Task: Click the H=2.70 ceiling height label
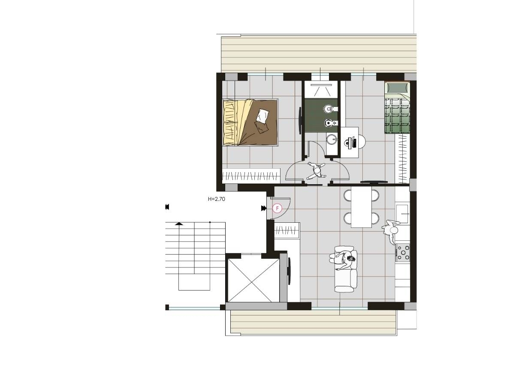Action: (x=216, y=199)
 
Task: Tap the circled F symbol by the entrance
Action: (x=277, y=208)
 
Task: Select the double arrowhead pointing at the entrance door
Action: (x=263, y=208)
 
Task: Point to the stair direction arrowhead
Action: (x=178, y=224)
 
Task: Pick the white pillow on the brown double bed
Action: (x=263, y=115)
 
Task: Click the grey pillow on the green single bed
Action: (x=396, y=87)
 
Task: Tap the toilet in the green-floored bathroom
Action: (x=331, y=108)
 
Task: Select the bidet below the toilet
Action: (x=331, y=123)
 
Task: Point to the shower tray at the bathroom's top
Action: (x=323, y=90)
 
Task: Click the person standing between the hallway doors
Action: (x=316, y=171)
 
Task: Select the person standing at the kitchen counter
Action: (x=391, y=231)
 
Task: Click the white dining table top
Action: (x=361, y=208)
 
